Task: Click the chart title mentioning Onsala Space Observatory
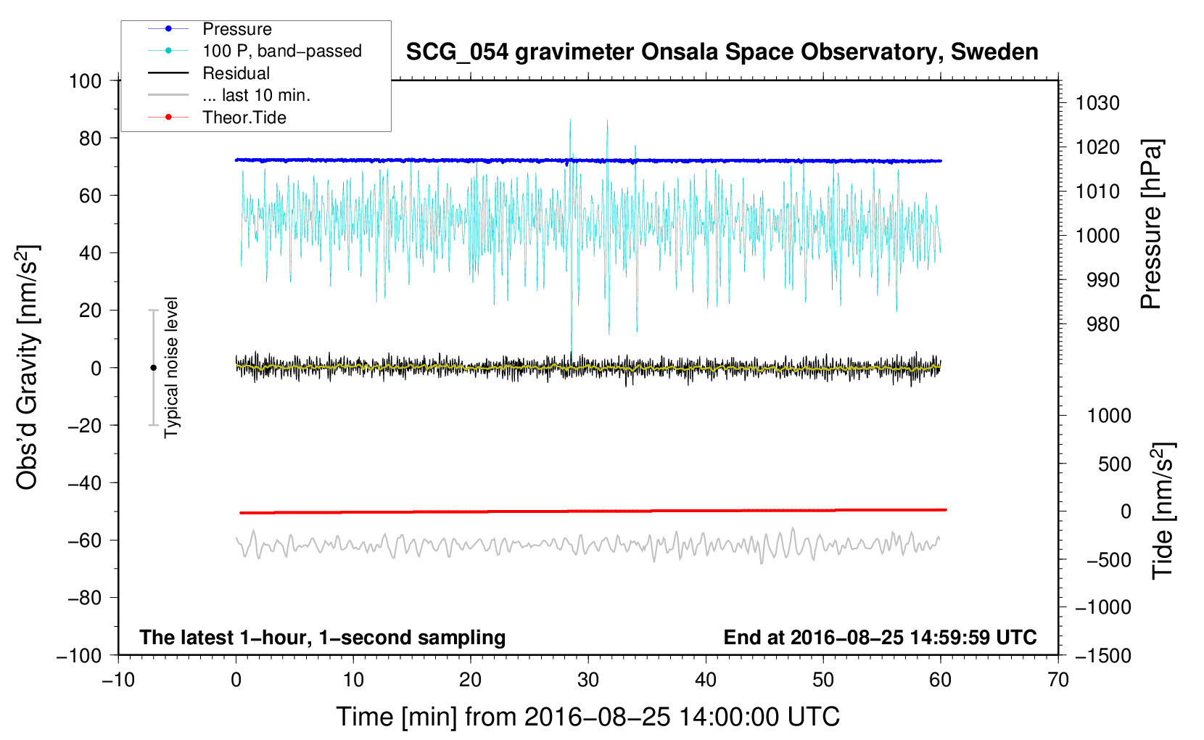(x=722, y=52)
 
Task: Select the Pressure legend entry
(x=236, y=29)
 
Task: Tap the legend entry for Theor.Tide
(x=244, y=118)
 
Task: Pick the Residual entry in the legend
(x=236, y=73)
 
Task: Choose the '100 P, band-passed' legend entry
(x=281, y=51)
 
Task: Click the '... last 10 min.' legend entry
(x=256, y=95)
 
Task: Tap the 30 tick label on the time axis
(x=588, y=681)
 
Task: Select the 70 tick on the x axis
(x=1058, y=681)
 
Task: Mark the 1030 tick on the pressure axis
(x=1097, y=103)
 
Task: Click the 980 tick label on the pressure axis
(x=1103, y=324)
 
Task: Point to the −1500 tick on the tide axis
(x=1103, y=655)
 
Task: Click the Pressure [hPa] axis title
(x=1151, y=225)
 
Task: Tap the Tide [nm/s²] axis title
(x=1163, y=510)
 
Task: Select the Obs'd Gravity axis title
(x=28, y=368)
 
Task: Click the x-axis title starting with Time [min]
(x=588, y=717)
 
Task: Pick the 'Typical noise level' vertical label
(x=171, y=368)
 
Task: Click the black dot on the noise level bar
(x=153, y=368)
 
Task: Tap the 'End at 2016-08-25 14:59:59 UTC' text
(x=880, y=638)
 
